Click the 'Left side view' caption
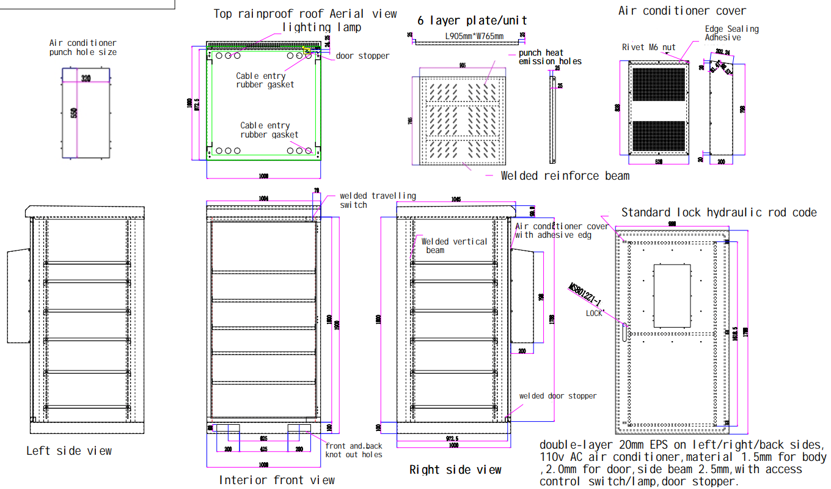(x=69, y=451)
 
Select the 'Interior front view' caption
(x=277, y=480)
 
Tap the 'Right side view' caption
(x=455, y=469)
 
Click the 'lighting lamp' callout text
(x=321, y=28)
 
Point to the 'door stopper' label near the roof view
(x=362, y=56)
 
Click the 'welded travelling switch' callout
(x=378, y=200)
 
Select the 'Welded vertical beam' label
(x=454, y=246)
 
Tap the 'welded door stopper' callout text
(x=558, y=396)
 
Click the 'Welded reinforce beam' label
(x=565, y=176)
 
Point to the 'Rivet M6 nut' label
(x=648, y=47)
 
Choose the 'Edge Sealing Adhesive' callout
(x=731, y=33)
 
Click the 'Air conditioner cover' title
(x=682, y=10)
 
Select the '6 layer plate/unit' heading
(x=472, y=20)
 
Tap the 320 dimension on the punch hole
(x=86, y=78)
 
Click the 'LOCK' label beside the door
(x=594, y=313)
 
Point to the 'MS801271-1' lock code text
(x=585, y=295)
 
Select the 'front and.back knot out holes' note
(x=354, y=450)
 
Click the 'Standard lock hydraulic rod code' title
(x=719, y=213)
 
